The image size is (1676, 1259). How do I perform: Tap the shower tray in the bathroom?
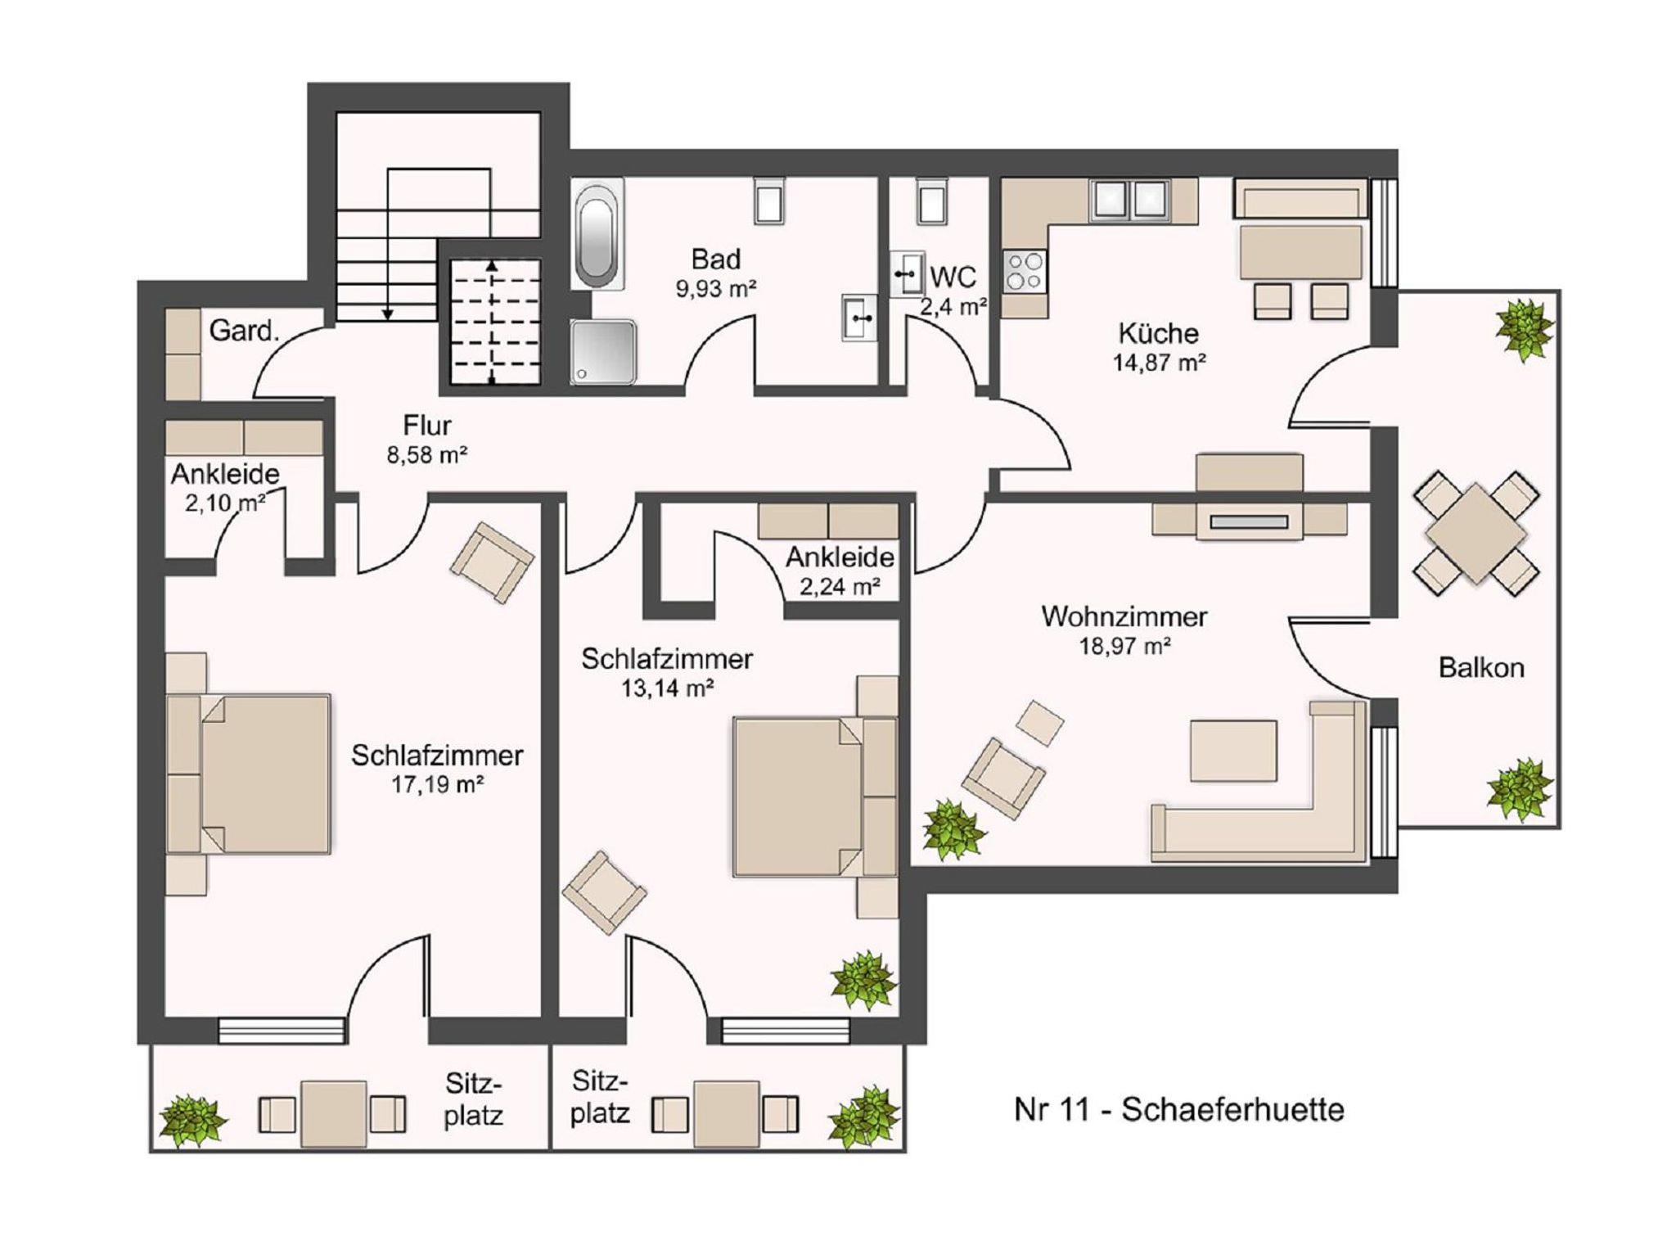[x=604, y=351]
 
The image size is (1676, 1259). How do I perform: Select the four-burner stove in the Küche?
[x=1025, y=271]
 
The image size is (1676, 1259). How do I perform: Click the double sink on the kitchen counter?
[x=1129, y=201]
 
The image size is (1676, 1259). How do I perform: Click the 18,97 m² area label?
[x=1124, y=647]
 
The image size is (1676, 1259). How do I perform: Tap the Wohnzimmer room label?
[x=1124, y=616]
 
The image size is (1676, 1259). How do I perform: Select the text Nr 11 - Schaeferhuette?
[x=1179, y=1110]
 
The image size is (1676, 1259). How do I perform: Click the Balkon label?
[x=1481, y=668]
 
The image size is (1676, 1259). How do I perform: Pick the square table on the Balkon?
[x=1476, y=534]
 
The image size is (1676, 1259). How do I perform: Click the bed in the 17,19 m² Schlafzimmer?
[x=249, y=774]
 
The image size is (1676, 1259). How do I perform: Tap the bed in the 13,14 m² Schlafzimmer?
[x=815, y=796]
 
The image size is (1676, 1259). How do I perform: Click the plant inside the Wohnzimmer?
[x=953, y=828]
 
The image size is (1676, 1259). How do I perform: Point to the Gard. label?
[x=244, y=332]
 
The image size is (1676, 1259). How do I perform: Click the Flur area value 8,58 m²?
[x=426, y=455]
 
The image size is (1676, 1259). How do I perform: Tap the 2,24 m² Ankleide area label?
[x=840, y=586]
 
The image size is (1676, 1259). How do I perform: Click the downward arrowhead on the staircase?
[x=388, y=314]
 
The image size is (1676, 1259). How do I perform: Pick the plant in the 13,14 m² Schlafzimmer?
[x=863, y=980]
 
